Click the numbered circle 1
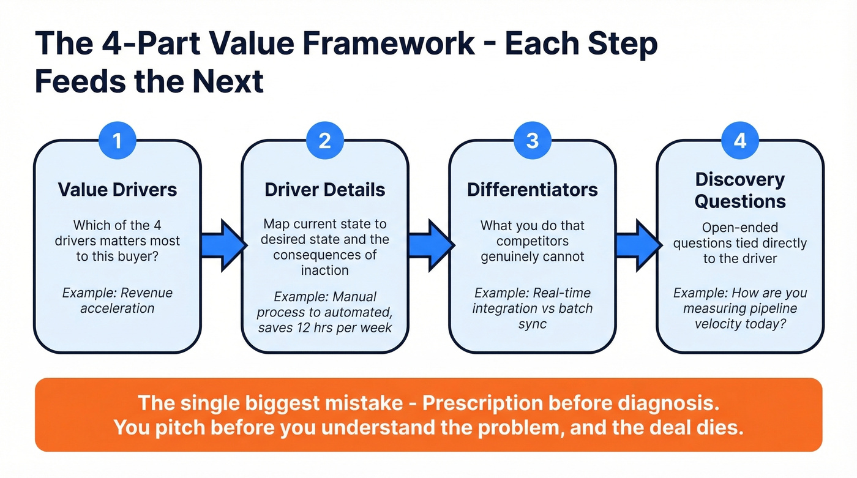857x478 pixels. (117, 141)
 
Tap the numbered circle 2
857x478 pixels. (324, 141)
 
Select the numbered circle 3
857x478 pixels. (532, 141)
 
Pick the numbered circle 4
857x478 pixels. (739, 141)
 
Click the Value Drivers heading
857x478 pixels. (117, 189)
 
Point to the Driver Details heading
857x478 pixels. (324, 189)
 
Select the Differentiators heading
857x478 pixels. (532, 189)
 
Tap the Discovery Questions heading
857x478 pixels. (739, 190)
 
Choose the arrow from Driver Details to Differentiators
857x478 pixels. (430, 245)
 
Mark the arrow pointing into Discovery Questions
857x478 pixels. (638, 245)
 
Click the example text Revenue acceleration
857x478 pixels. (117, 300)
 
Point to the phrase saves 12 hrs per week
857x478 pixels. (324, 327)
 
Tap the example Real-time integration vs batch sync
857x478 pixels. (532, 308)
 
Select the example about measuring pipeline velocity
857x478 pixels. (739, 308)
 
